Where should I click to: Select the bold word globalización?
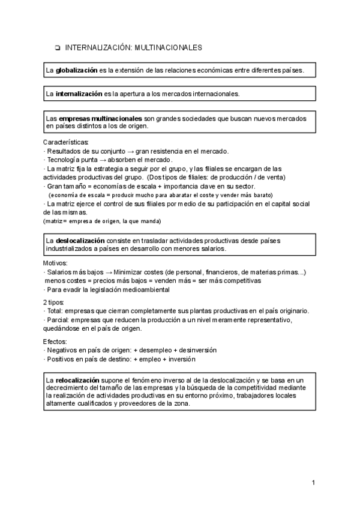pos(77,71)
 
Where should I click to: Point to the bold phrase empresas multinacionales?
pos(101,118)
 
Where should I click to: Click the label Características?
pos(66,142)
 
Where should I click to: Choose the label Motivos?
pos(56,264)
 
